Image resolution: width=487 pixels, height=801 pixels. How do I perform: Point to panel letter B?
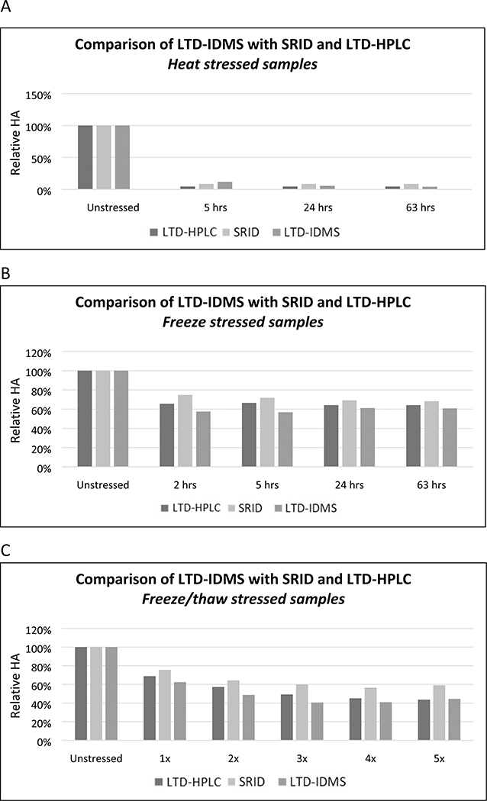(x=7, y=269)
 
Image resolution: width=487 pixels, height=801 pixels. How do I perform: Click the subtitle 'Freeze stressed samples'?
(x=243, y=321)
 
